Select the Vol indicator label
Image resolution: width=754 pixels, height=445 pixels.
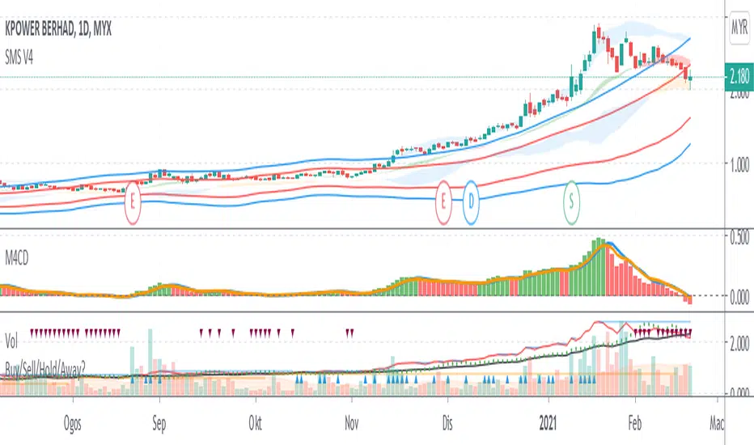[13, 333]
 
